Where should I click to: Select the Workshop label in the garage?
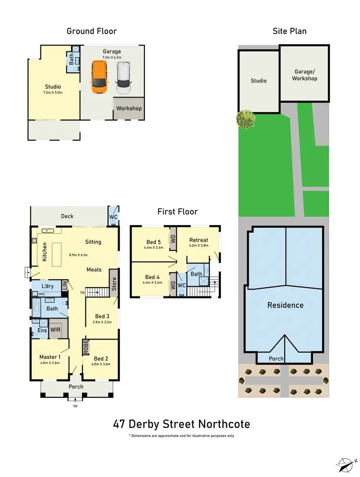pyautogui.click(x=129, y=109)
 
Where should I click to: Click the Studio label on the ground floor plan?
pyautogui.click(x=53, y=86)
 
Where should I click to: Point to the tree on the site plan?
pyautogui.click(x=245, y=119)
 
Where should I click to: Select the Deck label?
pyautogui.click(x=67, y=216)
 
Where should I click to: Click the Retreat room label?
pyautogui.click(x=199, y=240)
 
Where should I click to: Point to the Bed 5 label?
pyautogui.click(x=154, y=242)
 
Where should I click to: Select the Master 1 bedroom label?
pyautogui.click(x=50, y=357)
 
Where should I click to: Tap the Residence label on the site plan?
pyautogui.click(x=285, y=305)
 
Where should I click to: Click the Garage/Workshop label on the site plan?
pyautogui.click(x=305, y=75)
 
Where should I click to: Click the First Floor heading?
pyautogui.click(x=178, y=211)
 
